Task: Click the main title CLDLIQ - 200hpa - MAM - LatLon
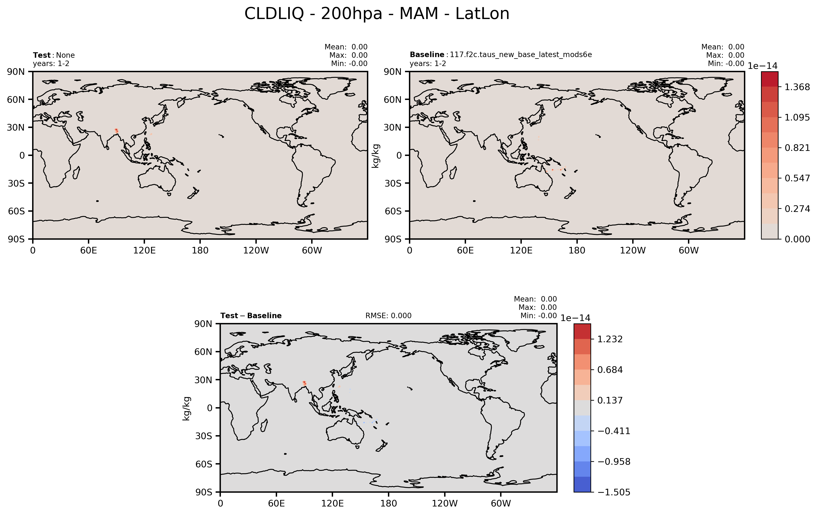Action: point(377,14)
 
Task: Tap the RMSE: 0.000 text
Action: point(388,316)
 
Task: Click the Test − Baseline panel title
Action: point(251,316)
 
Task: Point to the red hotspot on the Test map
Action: point(116,131)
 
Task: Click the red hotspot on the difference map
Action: point(304,383)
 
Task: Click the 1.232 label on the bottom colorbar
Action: point(610,339)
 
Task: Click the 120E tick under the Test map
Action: point(144,251)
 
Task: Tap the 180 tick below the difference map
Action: point(388,503)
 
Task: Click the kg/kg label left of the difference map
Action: point(187,409)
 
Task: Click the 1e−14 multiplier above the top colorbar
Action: point(762,66)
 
